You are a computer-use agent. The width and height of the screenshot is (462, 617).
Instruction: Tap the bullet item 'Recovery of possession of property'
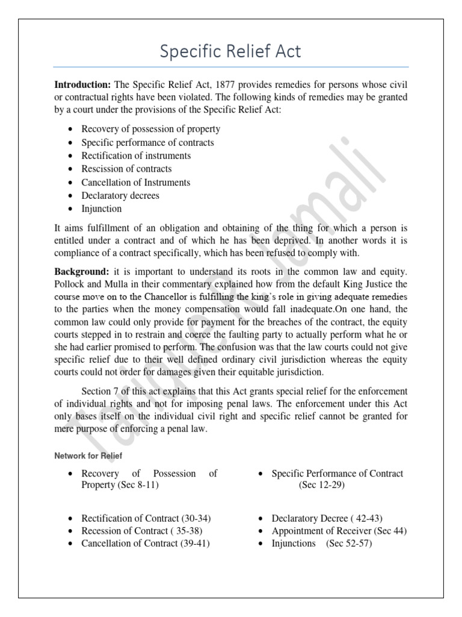pos(150,129)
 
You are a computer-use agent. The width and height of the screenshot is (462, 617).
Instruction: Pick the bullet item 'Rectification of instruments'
pos(136,155)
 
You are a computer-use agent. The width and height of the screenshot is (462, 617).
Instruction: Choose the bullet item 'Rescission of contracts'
pos(126,169)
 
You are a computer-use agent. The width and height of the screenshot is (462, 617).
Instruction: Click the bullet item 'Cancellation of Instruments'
pos(135,182)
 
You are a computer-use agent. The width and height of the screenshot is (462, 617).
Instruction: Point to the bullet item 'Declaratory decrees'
pos(120,196)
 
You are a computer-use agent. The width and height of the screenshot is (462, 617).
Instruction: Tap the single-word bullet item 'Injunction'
pos(102,209)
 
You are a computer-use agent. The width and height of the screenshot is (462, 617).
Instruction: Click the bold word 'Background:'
pos(81,272)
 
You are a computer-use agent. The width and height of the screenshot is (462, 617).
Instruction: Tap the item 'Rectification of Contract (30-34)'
pos(146,518)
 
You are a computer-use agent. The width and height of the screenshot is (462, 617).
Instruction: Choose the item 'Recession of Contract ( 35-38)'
pos(142,531)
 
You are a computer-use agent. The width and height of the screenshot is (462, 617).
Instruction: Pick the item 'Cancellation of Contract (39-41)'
pos(146,543)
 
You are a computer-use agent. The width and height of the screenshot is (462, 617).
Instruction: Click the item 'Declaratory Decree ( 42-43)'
pos(327,518)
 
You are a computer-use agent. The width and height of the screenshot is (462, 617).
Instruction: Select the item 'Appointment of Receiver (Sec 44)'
pos(339,531)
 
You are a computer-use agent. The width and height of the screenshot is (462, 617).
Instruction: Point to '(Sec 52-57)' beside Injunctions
pos(349,543)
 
